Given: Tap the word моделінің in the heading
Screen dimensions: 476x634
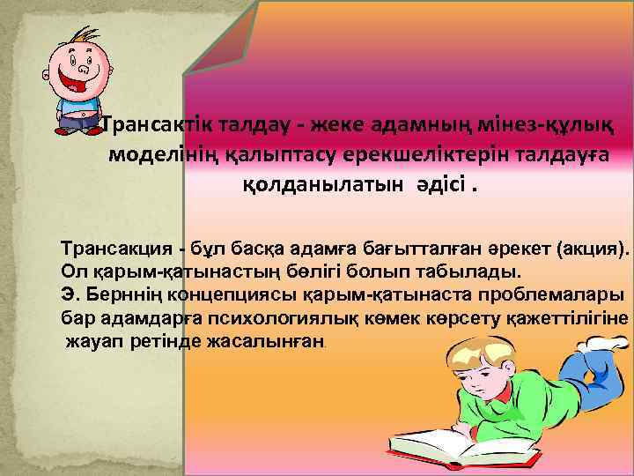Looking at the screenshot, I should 160,155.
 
